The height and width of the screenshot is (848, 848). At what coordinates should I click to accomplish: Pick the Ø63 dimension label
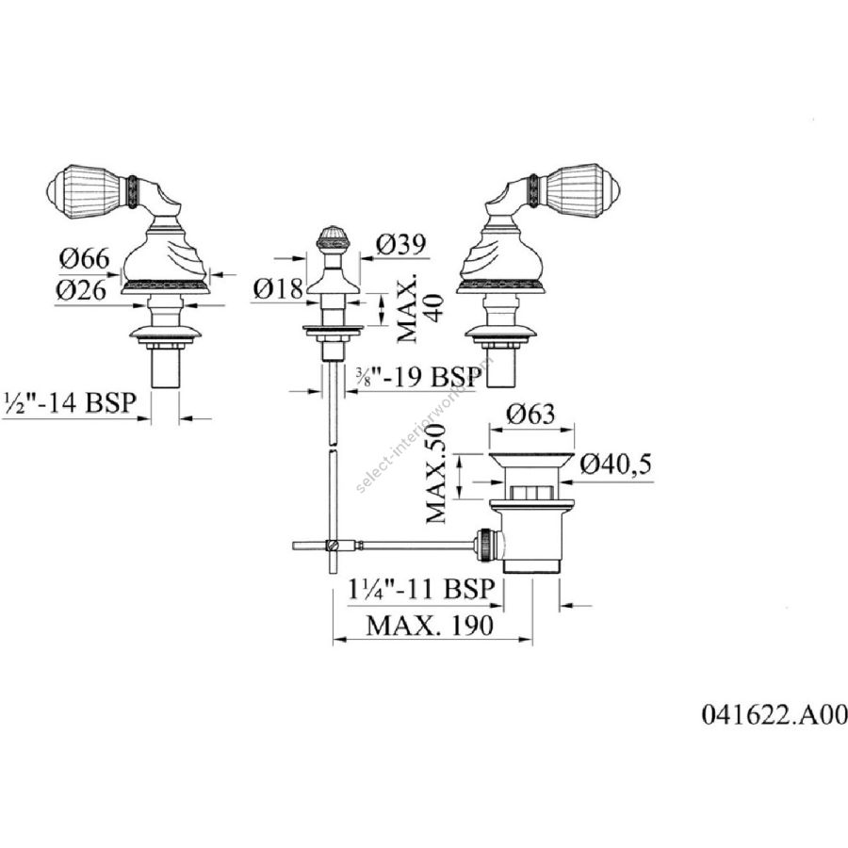coord(531,414)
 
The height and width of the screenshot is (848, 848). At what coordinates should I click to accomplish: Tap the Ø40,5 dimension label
coord(617,463)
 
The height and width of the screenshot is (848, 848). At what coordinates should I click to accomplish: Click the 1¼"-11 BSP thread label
coord(416,591)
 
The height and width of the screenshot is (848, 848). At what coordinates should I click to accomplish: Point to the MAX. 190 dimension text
coord(429,626)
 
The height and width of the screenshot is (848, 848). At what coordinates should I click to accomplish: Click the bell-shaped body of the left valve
coord(164,254)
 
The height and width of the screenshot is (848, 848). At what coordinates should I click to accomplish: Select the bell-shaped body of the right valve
coord(499,254)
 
